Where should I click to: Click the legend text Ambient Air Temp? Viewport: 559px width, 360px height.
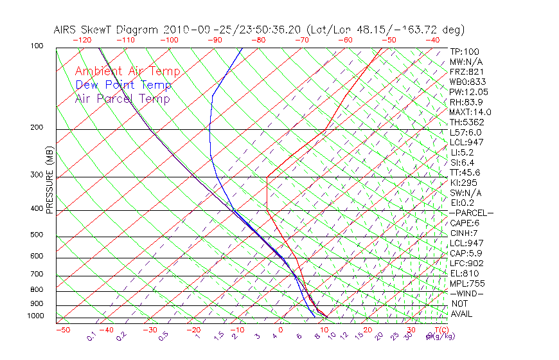pos(127,71)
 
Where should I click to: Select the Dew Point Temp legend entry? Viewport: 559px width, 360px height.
pos(123,85)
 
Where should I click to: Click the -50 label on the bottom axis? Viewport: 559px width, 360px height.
pos(62,330)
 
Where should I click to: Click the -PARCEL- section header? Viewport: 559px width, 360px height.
pos(472,213)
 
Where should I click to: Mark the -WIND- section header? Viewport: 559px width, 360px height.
pos(467,293)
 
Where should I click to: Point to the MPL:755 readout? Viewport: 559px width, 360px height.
pos(466,283)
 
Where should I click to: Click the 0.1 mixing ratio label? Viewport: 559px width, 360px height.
pos(91,336)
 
